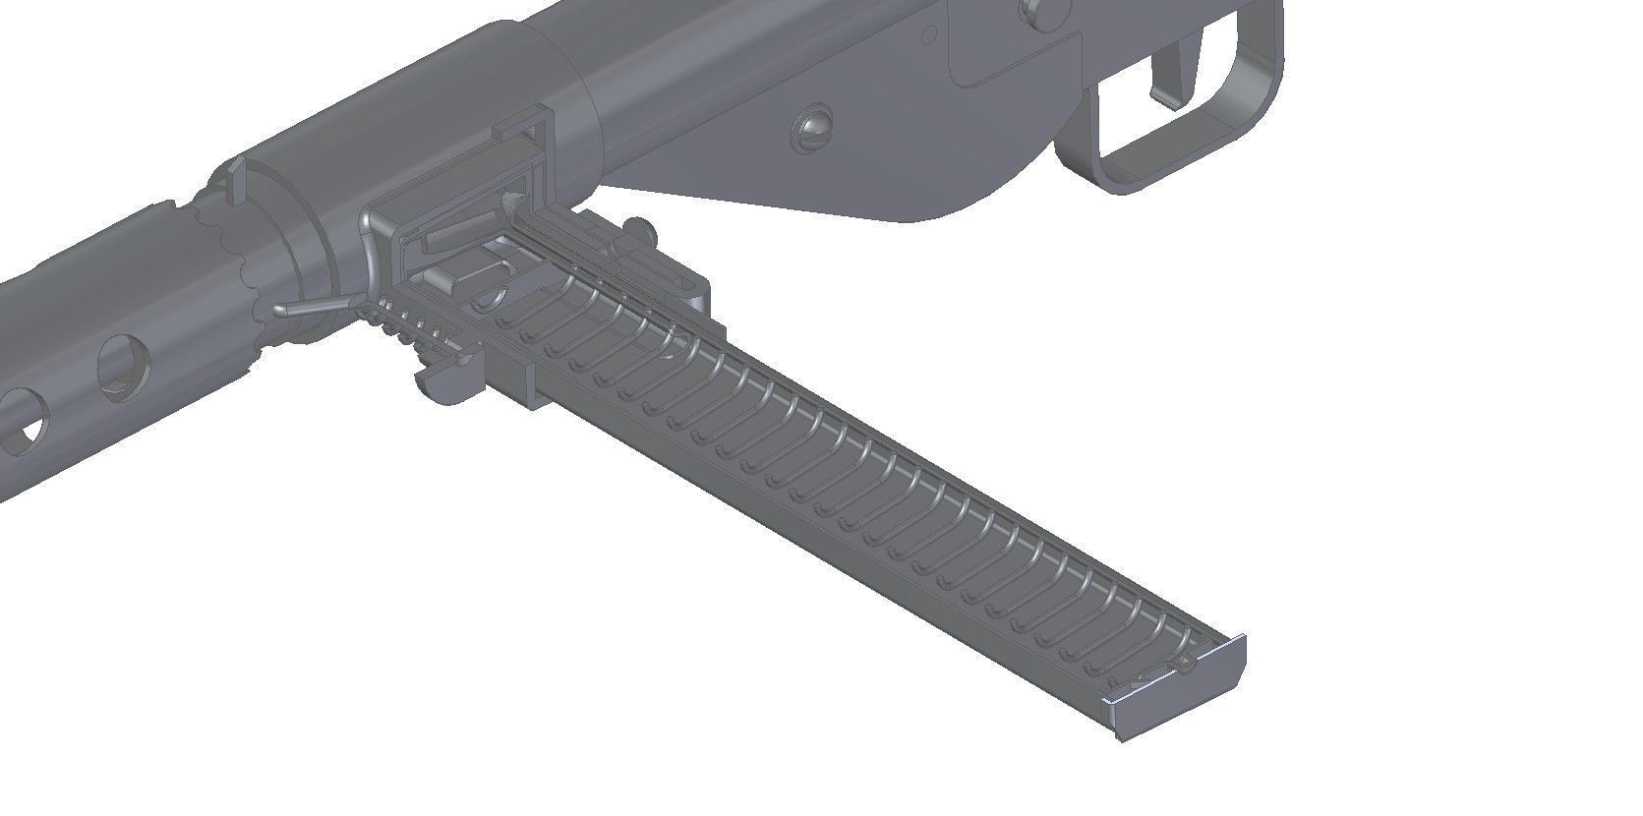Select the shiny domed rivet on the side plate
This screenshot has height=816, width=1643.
coord(815,128)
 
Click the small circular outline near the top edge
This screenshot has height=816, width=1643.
coord(927,33)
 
